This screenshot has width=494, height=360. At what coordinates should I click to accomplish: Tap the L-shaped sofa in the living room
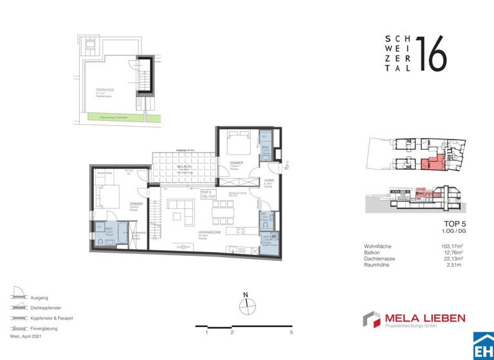pos(181,209)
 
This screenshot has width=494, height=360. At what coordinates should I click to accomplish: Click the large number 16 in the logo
pos(431,53)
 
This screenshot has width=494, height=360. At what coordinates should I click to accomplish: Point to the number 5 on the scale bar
pos(291,332)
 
